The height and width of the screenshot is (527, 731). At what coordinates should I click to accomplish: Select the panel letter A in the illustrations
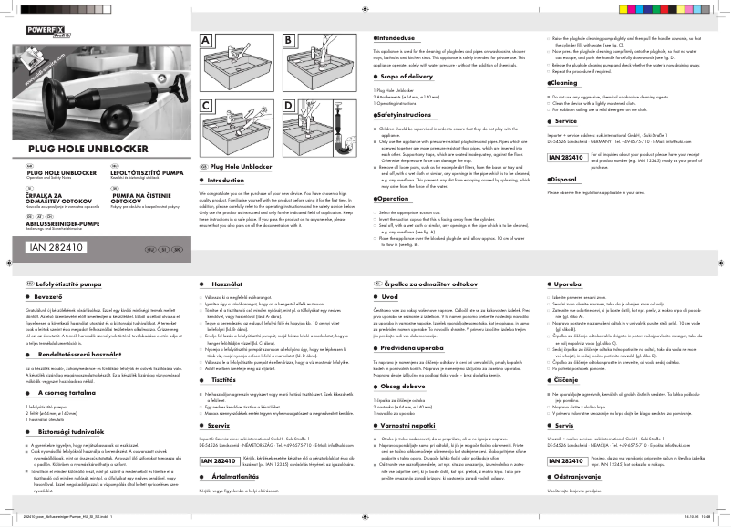click(x=206, y=41)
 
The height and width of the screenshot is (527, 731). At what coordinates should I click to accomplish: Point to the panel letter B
click(x=289, y=41)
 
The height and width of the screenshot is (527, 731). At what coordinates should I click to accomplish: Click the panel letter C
click(x=206, y=106)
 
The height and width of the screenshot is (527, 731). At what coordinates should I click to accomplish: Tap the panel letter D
click(x=289, y=106)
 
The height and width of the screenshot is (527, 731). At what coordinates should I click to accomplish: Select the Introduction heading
click(x=227, y=181)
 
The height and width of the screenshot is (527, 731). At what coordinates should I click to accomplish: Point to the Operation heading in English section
click(x=394, y=198)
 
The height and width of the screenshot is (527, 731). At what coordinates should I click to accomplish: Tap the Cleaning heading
click(x=561, y=82)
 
